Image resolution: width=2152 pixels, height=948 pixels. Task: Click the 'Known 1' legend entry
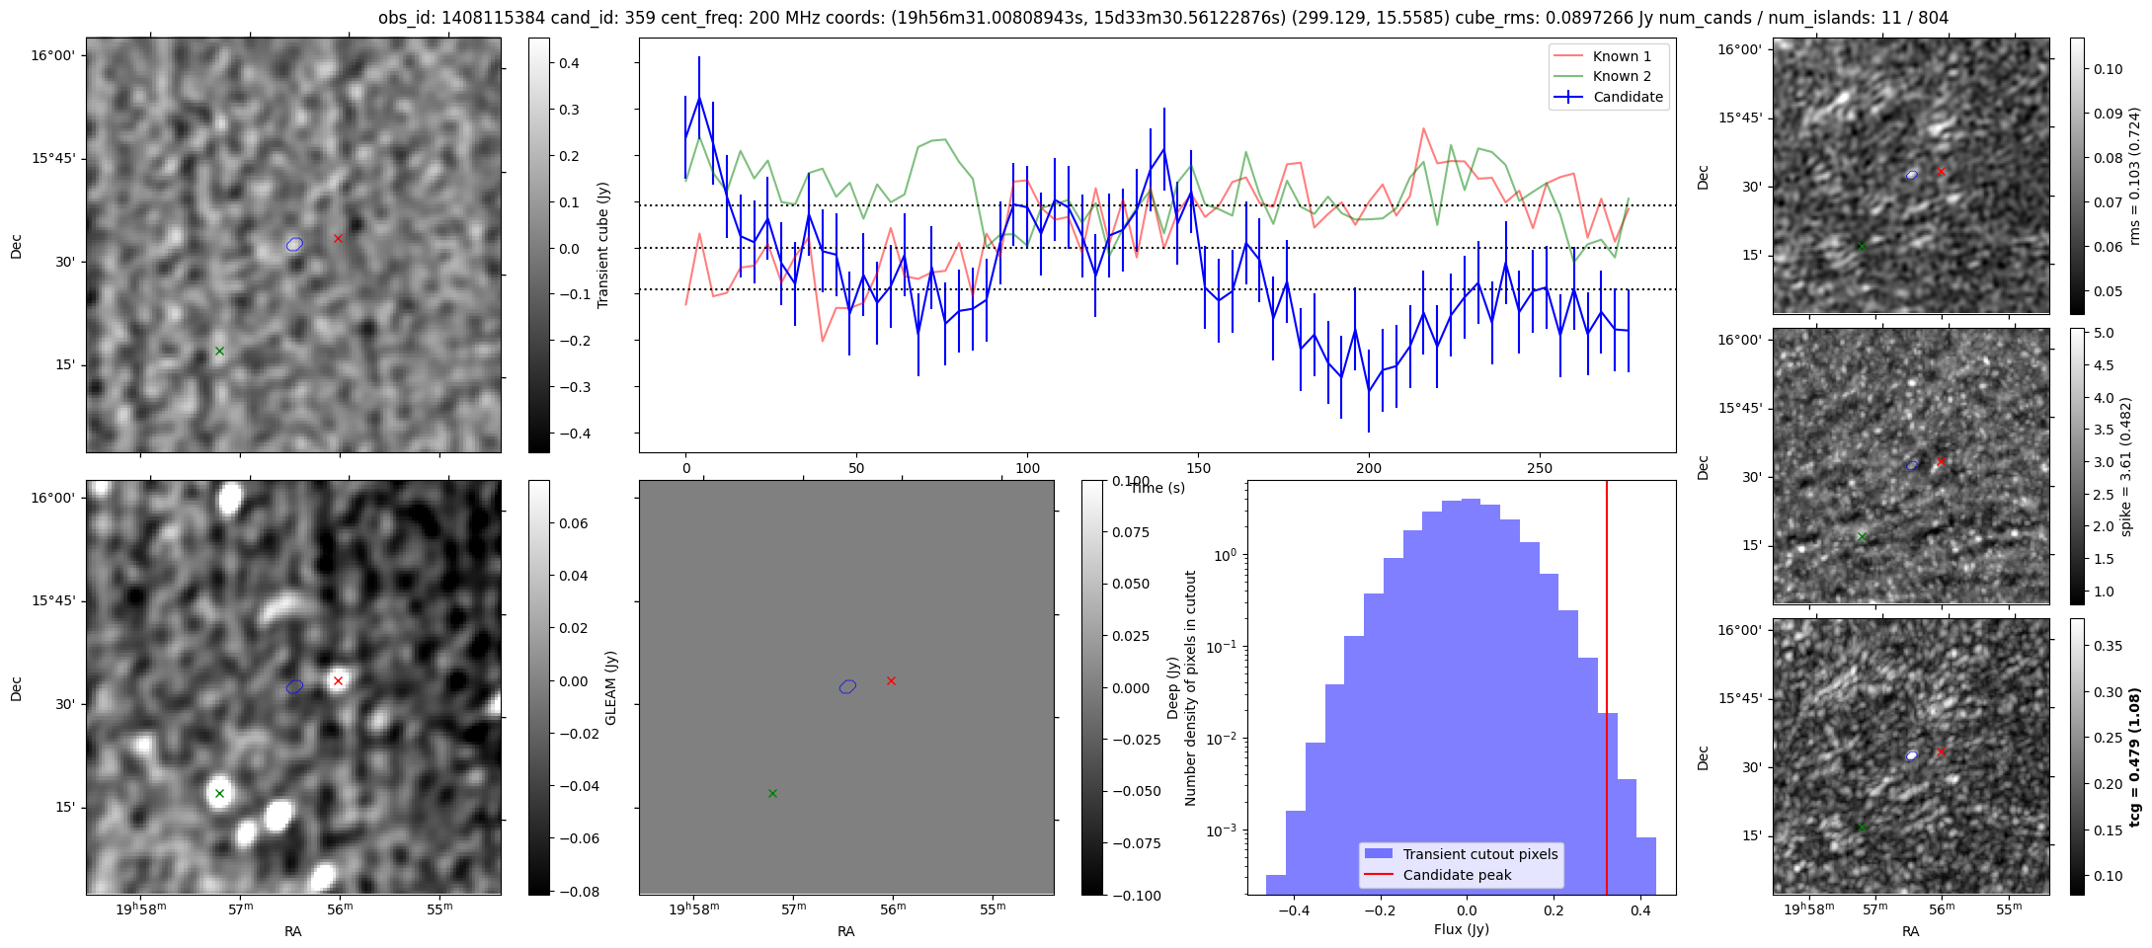coord(1622,56)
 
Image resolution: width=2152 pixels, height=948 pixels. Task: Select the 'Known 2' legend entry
coord(1622,76)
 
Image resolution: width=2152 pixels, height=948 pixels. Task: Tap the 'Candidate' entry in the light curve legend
coord(1628,97)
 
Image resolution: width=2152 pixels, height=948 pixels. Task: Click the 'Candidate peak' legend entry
coord(1457,875)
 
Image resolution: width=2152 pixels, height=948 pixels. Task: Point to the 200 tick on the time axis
coord(1369,468)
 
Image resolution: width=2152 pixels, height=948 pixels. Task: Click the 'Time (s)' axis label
coord(1157,488)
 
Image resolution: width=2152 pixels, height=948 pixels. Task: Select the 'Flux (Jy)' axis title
coord(1461,929)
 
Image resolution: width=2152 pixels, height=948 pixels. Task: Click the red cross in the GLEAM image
coord(338,680)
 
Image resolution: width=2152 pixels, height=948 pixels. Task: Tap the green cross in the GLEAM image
coord(219,793)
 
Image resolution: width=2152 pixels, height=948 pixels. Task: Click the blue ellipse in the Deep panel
coord(847,686)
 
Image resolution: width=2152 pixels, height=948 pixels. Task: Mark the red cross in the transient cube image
coord(338,238)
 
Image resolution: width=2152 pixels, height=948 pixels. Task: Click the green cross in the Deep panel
coord(772,793)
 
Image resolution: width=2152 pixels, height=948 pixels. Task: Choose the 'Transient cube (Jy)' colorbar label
coord(602,245)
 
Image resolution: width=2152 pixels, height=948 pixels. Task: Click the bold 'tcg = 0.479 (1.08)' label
coord(2134,756)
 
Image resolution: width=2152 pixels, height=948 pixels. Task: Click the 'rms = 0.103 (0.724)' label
coord(2134,176)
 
